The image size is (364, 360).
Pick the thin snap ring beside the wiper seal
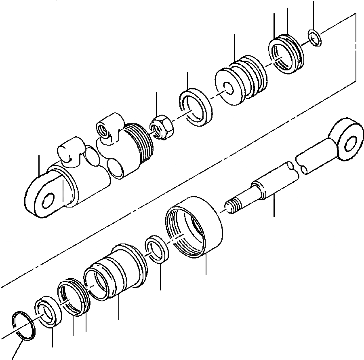click(x=23, y=325)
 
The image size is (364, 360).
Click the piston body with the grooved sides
click(x=242, y=83)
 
